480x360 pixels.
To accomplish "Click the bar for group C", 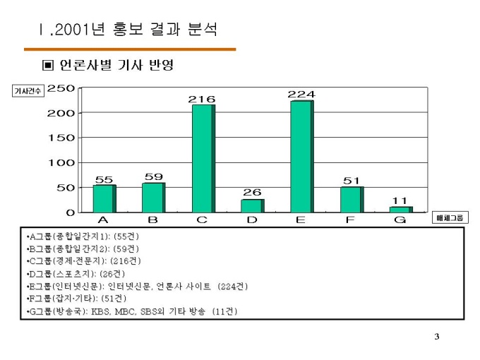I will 203,158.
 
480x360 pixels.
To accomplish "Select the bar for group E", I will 301,156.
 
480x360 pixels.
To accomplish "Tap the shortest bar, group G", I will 400,209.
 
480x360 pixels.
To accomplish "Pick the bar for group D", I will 252,205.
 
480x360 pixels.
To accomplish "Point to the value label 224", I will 301,95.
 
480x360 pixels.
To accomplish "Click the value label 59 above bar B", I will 153,176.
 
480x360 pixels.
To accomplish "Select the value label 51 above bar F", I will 352,181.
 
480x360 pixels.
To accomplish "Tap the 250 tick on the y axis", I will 61,88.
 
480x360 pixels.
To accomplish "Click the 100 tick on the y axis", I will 61,163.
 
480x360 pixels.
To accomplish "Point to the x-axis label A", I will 103,221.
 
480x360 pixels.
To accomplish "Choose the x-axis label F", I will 350,221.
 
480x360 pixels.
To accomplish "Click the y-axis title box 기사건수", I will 28,90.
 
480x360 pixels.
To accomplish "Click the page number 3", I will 437,336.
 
